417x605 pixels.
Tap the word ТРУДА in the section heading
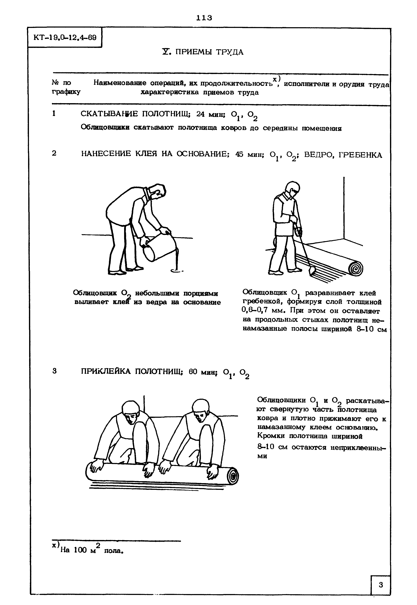tap(230, 52)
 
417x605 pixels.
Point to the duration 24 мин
tap(211, 114)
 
